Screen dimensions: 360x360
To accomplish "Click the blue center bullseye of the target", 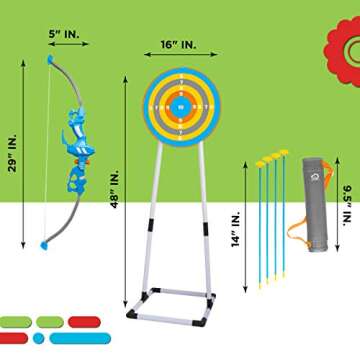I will pyautogui.click(x=181, y=101).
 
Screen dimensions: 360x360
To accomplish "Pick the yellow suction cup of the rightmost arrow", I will pyautogui.click(x=283, y=153).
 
